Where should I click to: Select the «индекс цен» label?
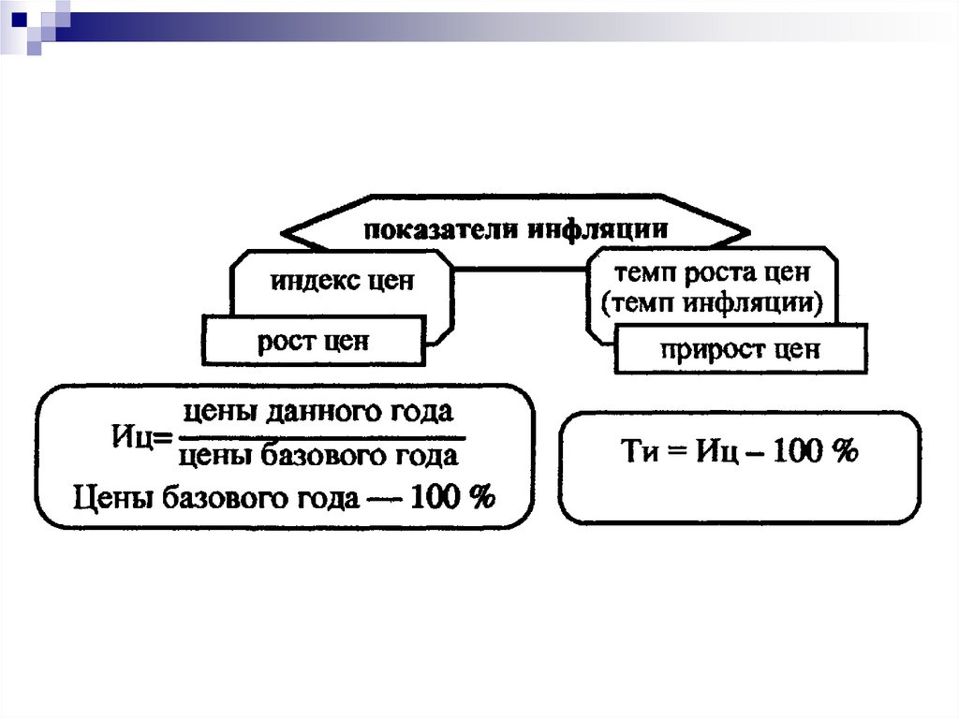[x=342, y=282]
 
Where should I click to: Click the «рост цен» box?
[x=313, y=341]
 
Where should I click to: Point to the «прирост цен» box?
[x=740, y=350]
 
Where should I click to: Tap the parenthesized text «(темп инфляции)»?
[x=711, y=303]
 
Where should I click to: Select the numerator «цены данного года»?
[x=317, y=412]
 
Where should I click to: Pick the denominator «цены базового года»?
[x=317, y=456]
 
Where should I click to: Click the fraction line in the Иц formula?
[x=318, y=435]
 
